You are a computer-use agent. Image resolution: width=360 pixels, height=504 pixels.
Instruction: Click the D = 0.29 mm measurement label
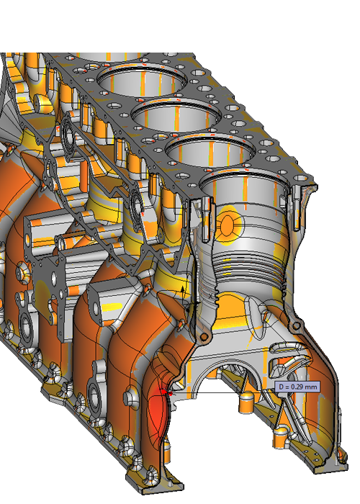coord(296,387)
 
